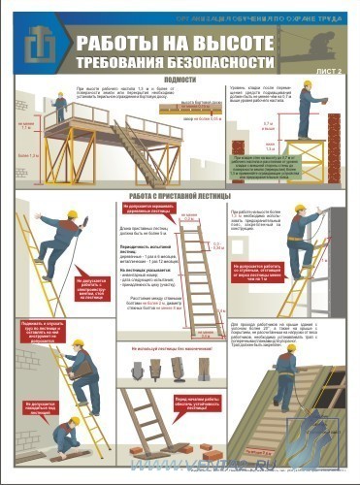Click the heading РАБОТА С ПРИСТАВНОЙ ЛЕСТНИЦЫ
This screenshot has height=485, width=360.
[180, 195]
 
